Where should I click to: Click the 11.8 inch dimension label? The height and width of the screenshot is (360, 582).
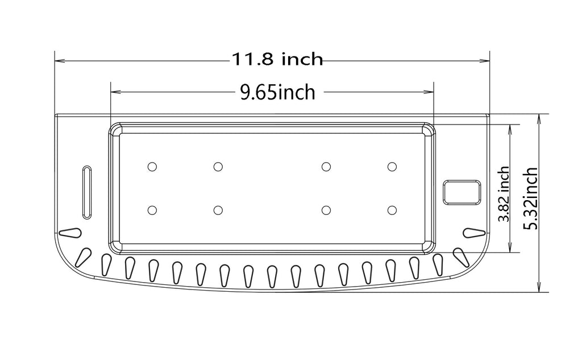277,60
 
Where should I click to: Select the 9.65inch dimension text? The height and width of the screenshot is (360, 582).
277,92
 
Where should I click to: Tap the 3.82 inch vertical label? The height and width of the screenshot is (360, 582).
504,193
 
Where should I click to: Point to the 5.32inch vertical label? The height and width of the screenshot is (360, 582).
530,198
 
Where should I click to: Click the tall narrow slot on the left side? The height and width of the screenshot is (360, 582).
86,192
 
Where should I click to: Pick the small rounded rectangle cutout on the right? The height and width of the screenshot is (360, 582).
462,192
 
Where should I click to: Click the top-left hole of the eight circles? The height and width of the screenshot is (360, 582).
152,167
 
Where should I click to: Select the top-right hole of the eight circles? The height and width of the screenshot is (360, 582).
392,167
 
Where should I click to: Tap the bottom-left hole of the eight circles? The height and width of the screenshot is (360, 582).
152,210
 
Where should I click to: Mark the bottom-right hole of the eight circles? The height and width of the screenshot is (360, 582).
392,210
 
